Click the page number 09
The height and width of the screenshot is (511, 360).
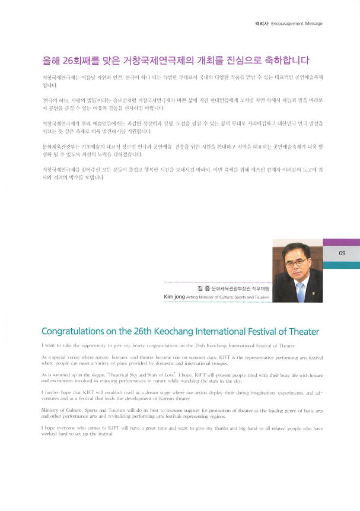[342, 253]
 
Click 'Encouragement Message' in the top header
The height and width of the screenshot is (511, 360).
[297, 24]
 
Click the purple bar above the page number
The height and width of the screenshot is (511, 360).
[341, 242]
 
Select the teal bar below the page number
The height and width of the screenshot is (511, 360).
[341, 265]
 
